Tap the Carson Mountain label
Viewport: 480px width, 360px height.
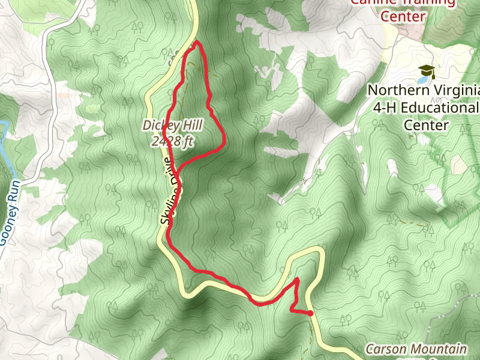click(x=416, y=349)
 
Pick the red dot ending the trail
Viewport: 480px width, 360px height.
click(x=310, y=313)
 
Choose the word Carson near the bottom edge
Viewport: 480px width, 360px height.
click(x=384, y=349)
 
